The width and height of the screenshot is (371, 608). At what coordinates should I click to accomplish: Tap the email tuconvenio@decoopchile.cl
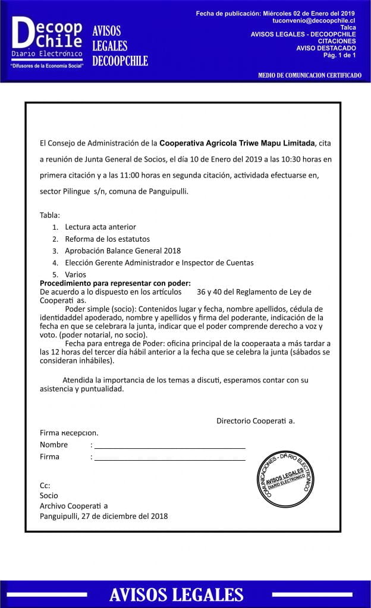click(x=314, y=20)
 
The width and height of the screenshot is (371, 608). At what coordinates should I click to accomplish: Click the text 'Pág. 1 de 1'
click(x=339, y=55)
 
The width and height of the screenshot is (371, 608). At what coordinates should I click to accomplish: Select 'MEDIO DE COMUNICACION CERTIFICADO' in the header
click(x=310, y=75)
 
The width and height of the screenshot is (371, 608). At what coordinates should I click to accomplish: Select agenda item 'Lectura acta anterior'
click(x=100, y=227)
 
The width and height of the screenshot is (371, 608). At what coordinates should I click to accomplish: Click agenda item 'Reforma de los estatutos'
click(x=103, y=239)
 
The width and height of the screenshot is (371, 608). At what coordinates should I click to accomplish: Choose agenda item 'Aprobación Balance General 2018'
click(x=122, y=251)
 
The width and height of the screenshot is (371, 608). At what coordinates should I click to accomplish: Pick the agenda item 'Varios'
click(x=76, y=274)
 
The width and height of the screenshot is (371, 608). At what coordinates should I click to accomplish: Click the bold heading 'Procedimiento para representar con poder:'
click(x=115, y=283)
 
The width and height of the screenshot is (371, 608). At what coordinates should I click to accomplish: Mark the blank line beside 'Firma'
click(x=170, y=458)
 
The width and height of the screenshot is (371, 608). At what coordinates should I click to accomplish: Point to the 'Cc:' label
click(x=45, y=485)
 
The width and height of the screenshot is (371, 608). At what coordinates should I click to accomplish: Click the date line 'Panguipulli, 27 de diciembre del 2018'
click(x=103, y=516)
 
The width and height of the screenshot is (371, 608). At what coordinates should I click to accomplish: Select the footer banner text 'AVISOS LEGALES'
click(x=176, y=595)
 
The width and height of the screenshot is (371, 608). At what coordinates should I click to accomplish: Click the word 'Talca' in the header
click(x=348, y=27)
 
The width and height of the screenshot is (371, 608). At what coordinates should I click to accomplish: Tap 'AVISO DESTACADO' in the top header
click(x=326, y=48)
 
